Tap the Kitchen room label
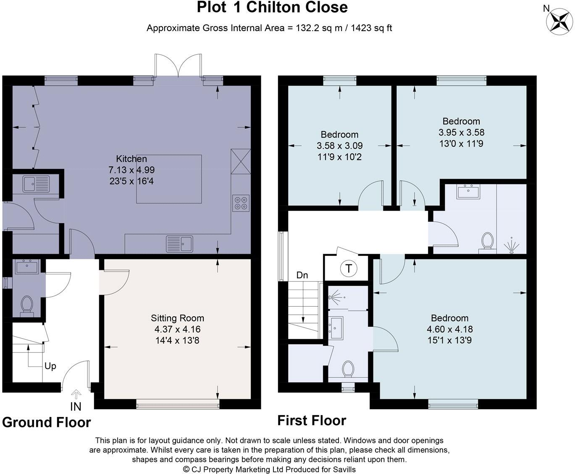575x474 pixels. (131, 159)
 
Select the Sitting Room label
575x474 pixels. (177, 318)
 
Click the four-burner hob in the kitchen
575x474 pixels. (241, 203)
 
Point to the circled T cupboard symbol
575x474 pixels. (349, 268)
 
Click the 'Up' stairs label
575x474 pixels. (50, 366)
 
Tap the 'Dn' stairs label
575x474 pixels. (302, 275)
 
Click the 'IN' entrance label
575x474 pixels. (76, 406)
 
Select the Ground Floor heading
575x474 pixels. (47, 422)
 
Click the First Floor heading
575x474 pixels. (312, 421)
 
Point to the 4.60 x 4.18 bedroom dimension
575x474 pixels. (450, 329)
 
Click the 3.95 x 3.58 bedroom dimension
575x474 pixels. (461, 132)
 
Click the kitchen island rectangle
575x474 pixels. (169, 179)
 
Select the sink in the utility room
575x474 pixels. (37, 184)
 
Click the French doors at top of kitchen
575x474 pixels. (178, 65)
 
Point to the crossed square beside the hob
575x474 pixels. (241, 161)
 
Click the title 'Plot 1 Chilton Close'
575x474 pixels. (272, 7)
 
